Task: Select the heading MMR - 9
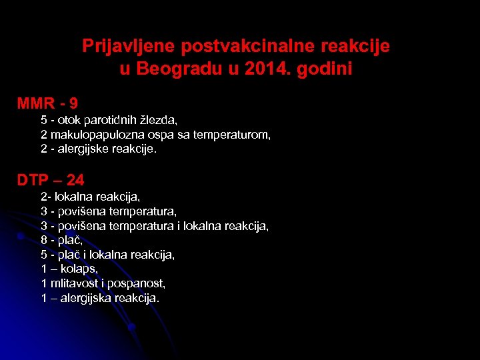47,103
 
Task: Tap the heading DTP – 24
51,179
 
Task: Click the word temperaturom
231,135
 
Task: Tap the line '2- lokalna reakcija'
90,197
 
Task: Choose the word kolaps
79,269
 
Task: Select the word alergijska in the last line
85,298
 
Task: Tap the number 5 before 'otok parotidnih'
44,121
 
